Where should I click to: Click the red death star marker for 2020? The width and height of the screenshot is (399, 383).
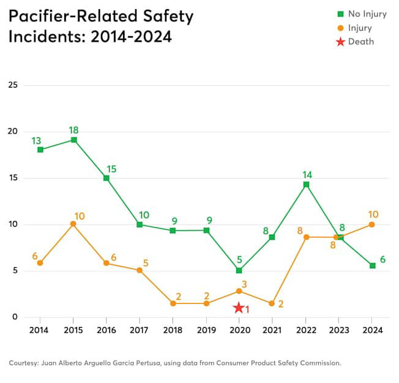point(239,308)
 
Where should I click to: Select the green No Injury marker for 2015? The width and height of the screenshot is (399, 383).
point(73,140)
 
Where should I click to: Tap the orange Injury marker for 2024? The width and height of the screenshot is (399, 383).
point(372,224)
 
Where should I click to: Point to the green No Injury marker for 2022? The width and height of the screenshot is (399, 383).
point(306,184)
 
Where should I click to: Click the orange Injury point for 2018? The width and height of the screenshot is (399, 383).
point(173,303)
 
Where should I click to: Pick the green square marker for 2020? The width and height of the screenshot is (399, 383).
point(239,270)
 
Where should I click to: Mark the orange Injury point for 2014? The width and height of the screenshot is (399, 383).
point(40,263)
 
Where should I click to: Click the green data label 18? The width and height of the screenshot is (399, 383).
point(73,130)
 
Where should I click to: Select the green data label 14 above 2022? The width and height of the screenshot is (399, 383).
point(307,175)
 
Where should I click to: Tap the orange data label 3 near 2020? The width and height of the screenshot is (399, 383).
point(244,284)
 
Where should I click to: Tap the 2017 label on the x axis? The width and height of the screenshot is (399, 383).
point(140,330)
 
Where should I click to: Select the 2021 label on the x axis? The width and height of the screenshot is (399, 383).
point(272,330)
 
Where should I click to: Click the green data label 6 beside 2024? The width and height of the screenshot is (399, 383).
point(383,259)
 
